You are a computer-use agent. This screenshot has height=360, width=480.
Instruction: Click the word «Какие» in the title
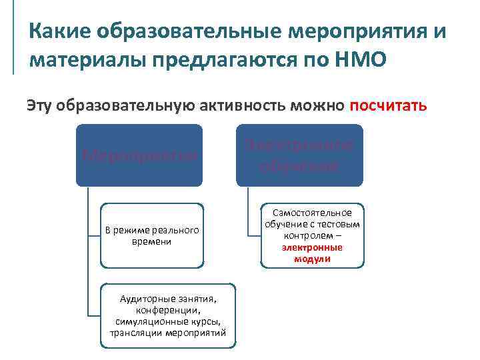click(x=58, y=31)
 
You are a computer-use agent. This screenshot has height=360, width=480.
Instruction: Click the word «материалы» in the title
click(x=87, y=59)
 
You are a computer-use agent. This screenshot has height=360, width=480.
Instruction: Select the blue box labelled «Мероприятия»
click(x=139, y=155)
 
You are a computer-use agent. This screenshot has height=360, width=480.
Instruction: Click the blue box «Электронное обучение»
click(x=299, y=155)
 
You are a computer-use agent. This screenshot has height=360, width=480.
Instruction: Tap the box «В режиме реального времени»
click(x=151, y=235)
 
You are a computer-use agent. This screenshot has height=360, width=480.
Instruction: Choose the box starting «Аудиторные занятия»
click(x=168, y=317)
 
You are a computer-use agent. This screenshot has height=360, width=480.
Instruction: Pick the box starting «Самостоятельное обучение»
click(x=312, y=235)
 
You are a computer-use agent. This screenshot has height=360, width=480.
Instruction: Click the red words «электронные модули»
click(x=312, y=253)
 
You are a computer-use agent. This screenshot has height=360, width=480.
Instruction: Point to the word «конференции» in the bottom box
click(x=168, y=311)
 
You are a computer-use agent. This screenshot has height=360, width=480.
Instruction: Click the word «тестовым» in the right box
click(x=341, y=225)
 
